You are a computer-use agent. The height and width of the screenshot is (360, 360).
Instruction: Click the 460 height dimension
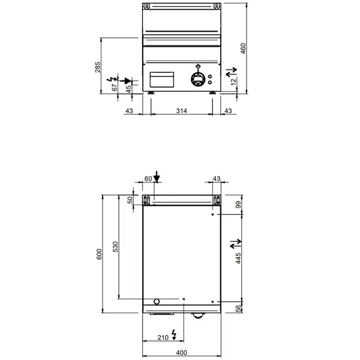[243, 47]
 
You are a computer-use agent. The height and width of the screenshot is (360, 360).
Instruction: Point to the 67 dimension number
[115, 87]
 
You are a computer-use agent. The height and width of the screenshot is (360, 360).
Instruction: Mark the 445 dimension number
[238, 258]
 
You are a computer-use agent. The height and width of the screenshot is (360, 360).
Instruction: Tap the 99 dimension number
[238, 206]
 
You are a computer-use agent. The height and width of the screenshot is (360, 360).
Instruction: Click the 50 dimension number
[128, 200]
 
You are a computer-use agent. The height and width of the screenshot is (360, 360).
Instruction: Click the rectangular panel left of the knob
[161, 79]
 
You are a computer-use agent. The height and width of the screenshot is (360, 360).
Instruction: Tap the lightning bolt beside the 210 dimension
[174, 334]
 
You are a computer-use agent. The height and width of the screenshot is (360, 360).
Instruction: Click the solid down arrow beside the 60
[157, 176]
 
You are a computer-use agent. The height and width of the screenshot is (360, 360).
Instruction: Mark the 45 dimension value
[128, 88]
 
